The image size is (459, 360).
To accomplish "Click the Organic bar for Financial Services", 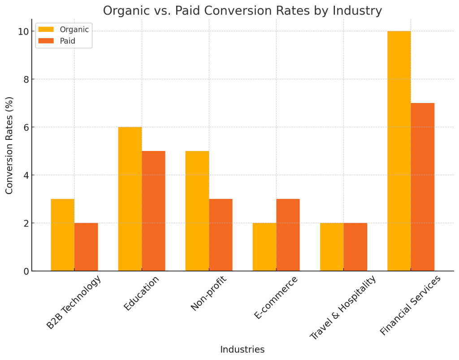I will coord(399,151).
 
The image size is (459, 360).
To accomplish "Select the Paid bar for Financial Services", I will coord(423,187).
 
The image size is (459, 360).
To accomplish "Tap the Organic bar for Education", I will coord(130,199).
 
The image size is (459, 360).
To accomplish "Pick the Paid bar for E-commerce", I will coord(288,235).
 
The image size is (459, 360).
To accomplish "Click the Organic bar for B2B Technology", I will coord(63,235).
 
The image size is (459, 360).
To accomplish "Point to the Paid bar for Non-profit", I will coord(221,235).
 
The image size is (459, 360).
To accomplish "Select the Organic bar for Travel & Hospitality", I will coord(332,247).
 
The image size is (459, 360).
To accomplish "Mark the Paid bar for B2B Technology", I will coord(86,247).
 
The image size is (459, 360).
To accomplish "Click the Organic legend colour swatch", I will coord(46,30).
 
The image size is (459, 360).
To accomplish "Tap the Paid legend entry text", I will coord(68,41).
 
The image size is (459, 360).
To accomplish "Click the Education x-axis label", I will coord(141,293).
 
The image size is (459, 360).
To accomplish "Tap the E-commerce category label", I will coord(276,298).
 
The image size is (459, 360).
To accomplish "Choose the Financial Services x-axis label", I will coord(410,305).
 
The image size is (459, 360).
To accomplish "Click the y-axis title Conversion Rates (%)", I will coord(9,145).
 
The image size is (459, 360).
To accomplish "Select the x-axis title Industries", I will coord(242,350).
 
